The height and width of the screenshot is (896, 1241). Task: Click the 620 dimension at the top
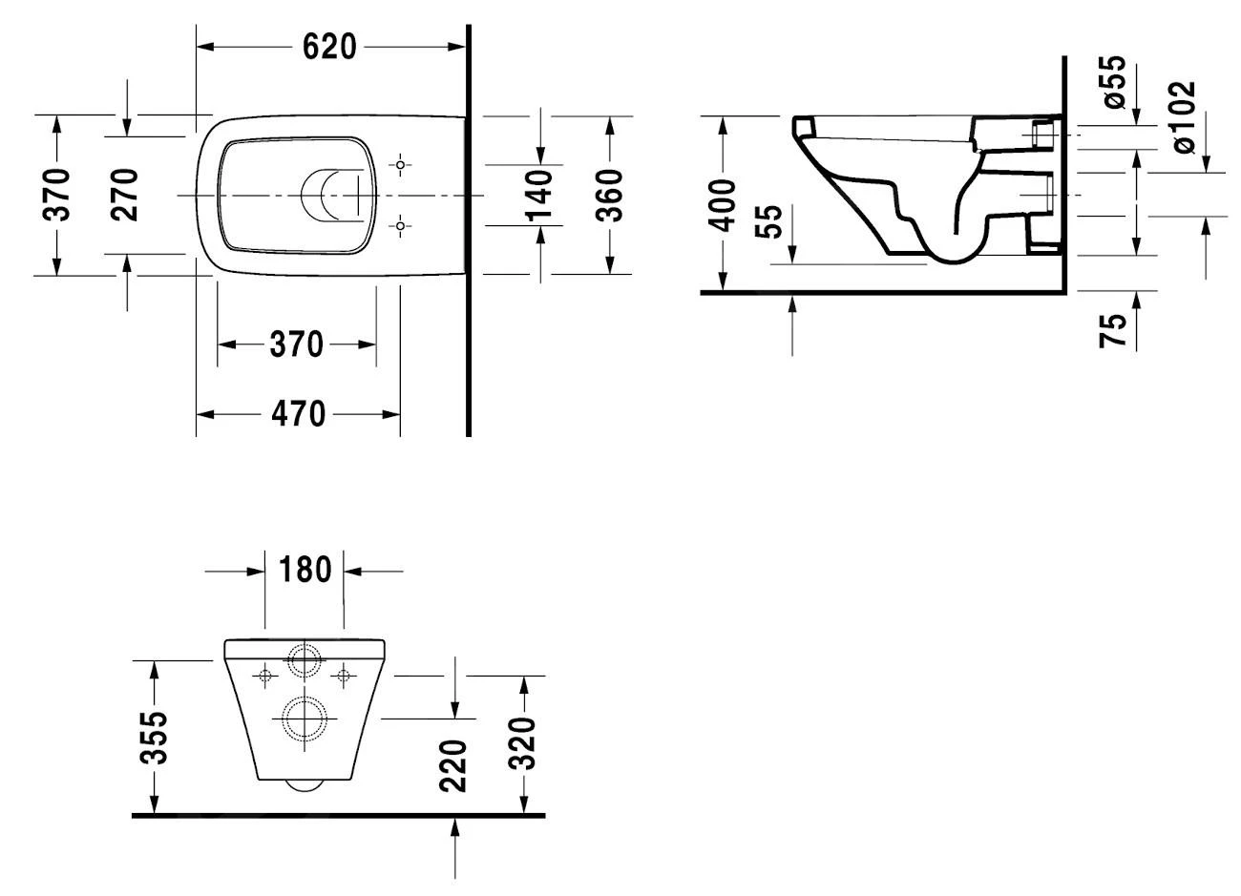tap(329, 46)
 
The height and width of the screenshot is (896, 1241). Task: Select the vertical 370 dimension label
tap(57, 195)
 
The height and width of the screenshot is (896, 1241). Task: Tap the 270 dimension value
tap(125, 195)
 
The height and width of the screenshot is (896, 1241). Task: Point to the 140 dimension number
tap(540, 195)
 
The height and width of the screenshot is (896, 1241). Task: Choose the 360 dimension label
tap(609, 195)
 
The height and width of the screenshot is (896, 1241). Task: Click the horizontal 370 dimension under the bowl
tap(296, 344)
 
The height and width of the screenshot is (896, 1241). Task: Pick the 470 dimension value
tap(298, 414)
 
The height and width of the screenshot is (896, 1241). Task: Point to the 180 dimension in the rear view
tap(305, 571)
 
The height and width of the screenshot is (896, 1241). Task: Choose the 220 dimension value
tap(455, 765)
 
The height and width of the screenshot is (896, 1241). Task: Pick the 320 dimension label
tap(523, 744)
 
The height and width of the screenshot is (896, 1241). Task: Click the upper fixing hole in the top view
tap(402, 165)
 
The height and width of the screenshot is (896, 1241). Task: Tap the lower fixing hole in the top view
tap(402, 226)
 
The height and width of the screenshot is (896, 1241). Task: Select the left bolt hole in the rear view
tap(266, 676)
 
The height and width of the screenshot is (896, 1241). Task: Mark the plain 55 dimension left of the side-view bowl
tap(772, 221)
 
